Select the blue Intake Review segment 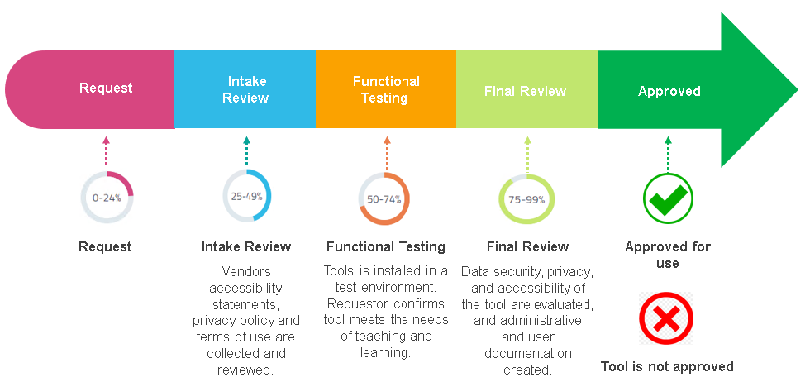point(245,89)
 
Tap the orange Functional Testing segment point(386,89)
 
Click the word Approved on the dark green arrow point(669,91)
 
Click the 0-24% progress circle point(107,198)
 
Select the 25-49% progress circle point(246,197)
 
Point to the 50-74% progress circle point(384,199)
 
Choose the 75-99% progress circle point(526,199)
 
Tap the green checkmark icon point(668,198)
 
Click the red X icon point(666,318)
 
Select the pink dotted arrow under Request point(107,151)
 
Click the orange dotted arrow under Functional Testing point(387,151)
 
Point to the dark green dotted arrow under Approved point(668,151)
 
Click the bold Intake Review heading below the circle point(246,246)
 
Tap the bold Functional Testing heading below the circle point(386,246)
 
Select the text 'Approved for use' point(668,255)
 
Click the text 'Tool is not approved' point(667,366)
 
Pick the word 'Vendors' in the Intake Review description point(246,271)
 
